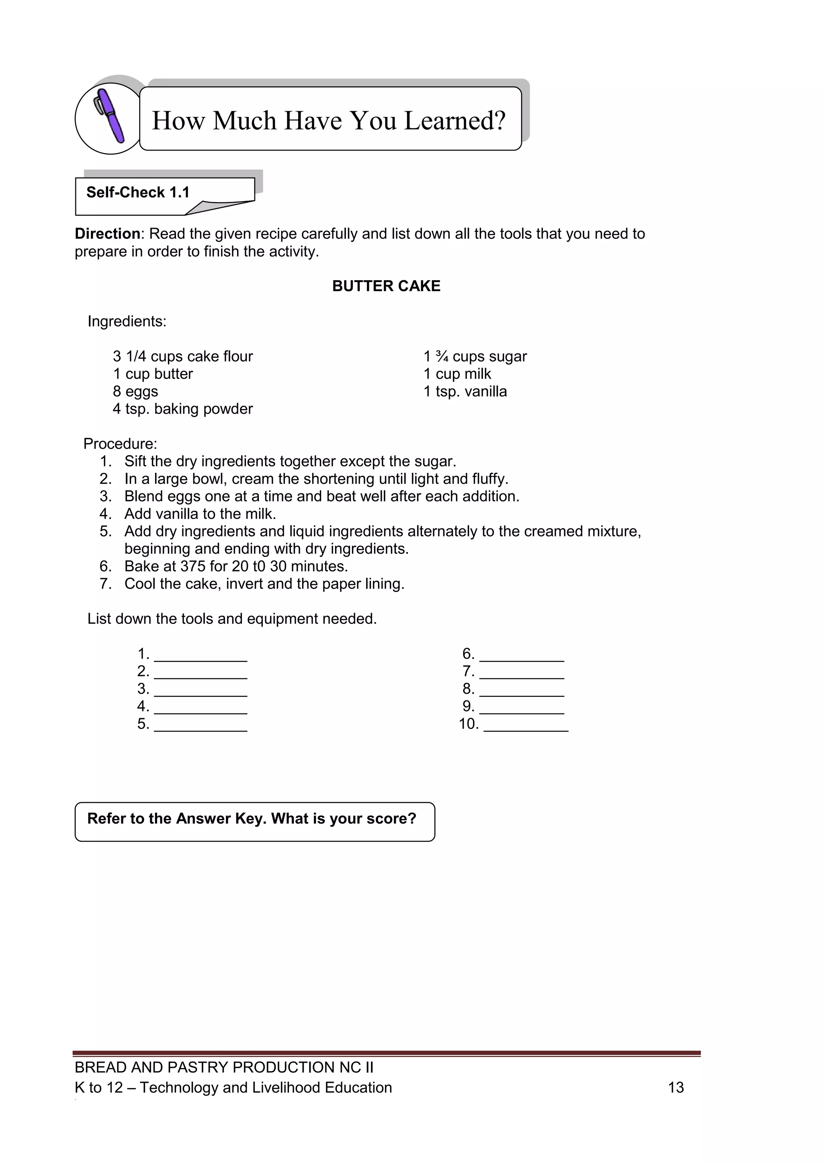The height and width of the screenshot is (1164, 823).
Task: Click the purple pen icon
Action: (110, 117)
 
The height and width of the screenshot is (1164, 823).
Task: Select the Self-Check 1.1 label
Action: (138, 193)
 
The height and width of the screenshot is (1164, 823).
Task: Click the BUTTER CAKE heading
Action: (386, 286)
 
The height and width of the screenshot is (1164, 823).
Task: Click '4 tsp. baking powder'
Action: (182, 409)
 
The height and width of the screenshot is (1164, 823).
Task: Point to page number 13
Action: (676, 1088)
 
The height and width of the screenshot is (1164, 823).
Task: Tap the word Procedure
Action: (120, 444)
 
